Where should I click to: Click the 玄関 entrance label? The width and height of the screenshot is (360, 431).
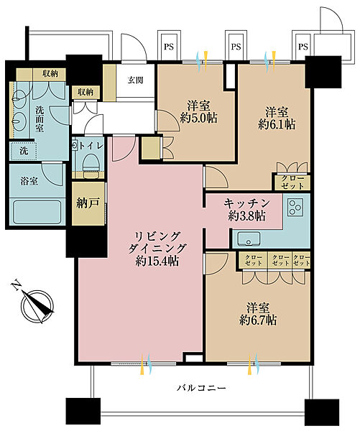coord(135,80)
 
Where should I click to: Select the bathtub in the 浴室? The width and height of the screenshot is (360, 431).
coord(37,212)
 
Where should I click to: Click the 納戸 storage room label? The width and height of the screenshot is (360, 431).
coord(88,203)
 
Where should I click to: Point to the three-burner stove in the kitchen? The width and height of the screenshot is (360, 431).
coord(295,207)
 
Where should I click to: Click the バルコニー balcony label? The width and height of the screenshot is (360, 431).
coord(201,388)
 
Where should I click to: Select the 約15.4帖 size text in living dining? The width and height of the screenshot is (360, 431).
coord(157,261)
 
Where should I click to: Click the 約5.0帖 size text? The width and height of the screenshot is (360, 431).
coord(198,118)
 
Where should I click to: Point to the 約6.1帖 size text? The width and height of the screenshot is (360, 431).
coord(277,124)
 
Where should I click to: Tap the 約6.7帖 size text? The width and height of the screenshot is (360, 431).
coord(258,320)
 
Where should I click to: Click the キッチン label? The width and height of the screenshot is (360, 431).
coord(246,204)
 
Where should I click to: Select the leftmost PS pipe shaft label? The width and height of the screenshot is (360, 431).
coord(169,47)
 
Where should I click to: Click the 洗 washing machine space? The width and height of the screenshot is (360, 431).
coord(24,151)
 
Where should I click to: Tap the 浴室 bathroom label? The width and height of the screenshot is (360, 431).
coord(29,182)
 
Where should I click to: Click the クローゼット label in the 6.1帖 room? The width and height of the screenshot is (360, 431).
coord(292,182)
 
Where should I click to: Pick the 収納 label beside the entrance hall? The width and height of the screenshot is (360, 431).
coord(86,92)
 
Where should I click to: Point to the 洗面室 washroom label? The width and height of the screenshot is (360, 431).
coord(40,119)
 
